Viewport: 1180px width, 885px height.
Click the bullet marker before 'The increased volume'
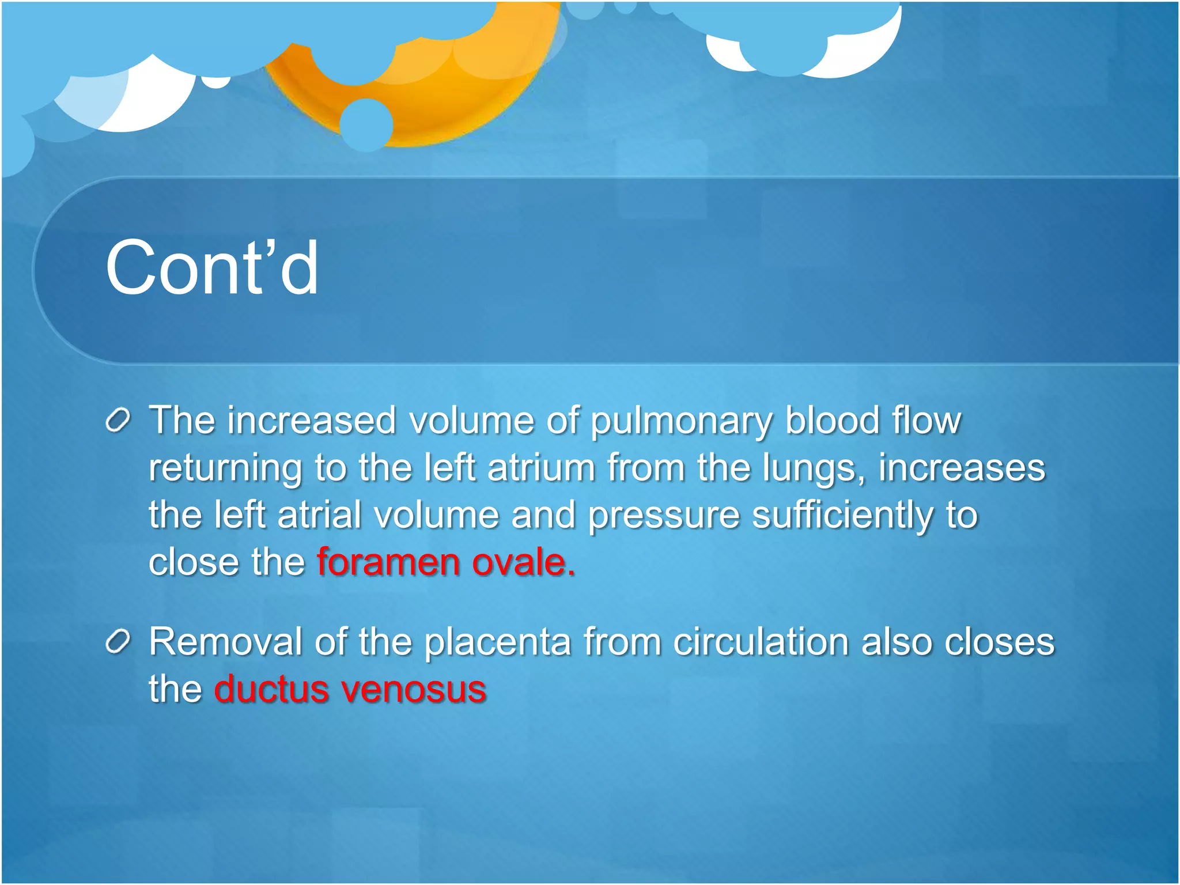point(119,421)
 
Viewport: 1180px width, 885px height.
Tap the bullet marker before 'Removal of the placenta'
point(119,642)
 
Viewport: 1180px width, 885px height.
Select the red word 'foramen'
point(388,562)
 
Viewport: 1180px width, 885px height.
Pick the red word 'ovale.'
point(523,562)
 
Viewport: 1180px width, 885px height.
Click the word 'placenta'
point(497,642)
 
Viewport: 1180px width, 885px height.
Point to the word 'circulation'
point(761,642)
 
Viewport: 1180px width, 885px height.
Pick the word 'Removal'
point(225,642)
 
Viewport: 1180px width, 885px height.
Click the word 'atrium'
point(541,468)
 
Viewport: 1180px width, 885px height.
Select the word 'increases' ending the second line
point(961,468)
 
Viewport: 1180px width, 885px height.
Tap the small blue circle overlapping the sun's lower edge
point(366,124)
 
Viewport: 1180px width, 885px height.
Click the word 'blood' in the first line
point(833,421)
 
